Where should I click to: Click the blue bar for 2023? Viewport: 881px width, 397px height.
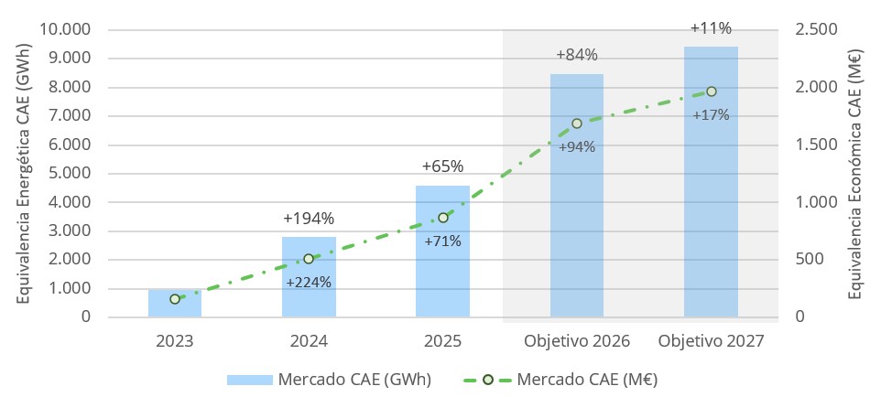[x=175, y=305]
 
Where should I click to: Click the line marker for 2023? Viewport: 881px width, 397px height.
[x=175, y=299]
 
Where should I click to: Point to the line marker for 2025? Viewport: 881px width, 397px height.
[x=443, y=218]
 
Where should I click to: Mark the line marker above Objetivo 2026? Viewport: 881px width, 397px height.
[x=577, y=123]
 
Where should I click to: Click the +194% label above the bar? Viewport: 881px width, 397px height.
[x=309, y=219]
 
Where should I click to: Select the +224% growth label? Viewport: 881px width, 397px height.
[x=309, y=282]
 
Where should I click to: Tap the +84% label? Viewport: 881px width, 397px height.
[x=577, y=55]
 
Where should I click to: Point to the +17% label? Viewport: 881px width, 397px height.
[x=711, y=115]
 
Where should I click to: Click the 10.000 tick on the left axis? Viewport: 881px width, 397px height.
[x=65, y=30]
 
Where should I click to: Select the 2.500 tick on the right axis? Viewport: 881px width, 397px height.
[x=815, y=30]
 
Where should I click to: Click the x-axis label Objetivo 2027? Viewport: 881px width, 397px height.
[x=711, y=341]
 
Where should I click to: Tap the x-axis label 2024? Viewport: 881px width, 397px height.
[x=309, y=341]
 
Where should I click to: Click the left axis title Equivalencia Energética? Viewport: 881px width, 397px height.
[x=24, y=174]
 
